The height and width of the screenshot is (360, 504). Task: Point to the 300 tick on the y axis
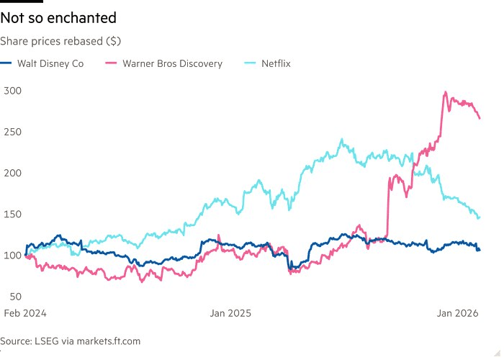(x=14, y=91)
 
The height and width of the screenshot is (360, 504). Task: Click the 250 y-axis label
(x=14, y=132)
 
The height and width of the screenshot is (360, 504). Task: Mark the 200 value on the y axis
(x=14, y=173)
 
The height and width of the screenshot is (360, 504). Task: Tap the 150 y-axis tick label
(x=14, y=214)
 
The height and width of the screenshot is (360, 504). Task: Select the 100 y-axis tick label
(x=14, y=255)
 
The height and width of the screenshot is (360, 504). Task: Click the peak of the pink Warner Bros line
(x=446, y=92)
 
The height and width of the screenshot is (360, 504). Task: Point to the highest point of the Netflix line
(x=341, y=140)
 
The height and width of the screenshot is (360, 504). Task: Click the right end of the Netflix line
(x=480, y=217)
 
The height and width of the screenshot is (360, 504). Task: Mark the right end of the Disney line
(x=480, y=250)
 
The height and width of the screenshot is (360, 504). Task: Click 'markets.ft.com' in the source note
(x=104, y=341)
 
